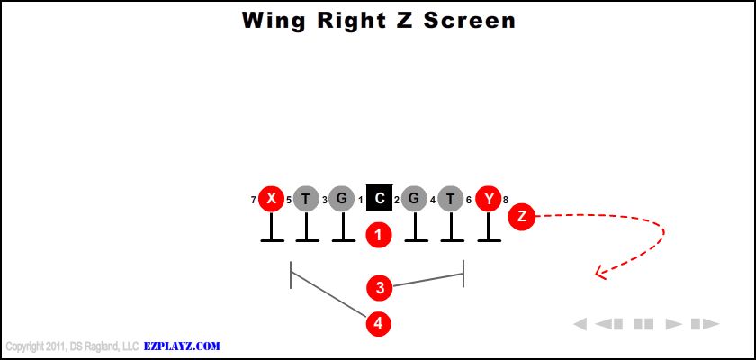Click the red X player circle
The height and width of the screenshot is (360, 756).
(x=271, y=199)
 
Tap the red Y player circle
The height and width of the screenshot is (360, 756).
(x=489, y=199)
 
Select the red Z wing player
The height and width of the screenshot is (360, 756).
(x=522, y=216)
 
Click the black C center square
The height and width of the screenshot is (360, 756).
(x=379, y=199)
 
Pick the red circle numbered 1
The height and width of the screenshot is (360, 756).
(x=379, y=235)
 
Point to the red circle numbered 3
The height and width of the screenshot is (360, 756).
(x=380, y=288)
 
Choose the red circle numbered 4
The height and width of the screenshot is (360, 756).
(x=379, y=322)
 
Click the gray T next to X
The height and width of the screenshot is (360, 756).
(x=306, y=199)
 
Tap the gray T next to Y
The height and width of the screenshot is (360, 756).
(x=452, y=199)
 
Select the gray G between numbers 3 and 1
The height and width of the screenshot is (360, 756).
(x=342, y=199)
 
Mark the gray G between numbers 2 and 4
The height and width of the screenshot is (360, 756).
(x=415, y=199)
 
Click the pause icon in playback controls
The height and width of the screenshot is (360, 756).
(x=643, y=324)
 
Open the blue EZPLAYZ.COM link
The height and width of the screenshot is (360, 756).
(x=182, y=346)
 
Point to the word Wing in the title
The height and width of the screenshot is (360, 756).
(x=273, y=20)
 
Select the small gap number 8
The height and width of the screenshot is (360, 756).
(x=506, y=200)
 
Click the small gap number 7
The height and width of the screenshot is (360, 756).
(x=254, y=200)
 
